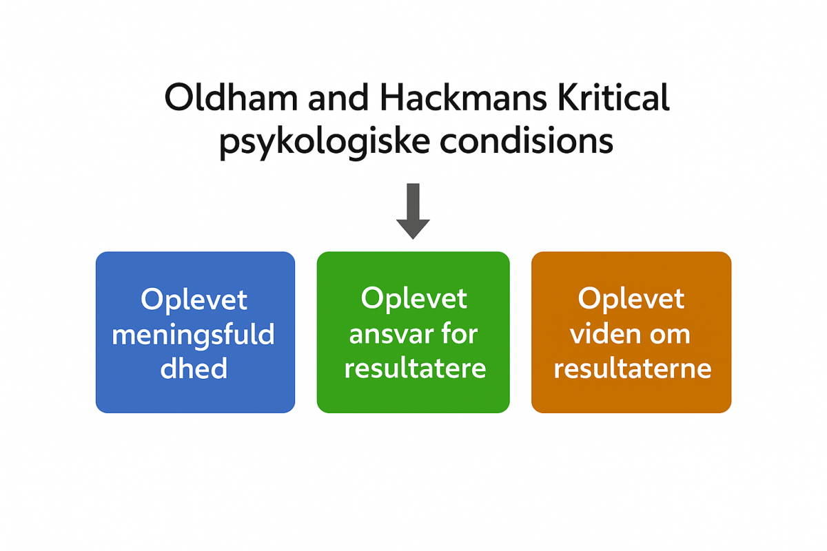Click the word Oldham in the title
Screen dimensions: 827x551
[x=231, y=97]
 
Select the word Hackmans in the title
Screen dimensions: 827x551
[x=463, y=97]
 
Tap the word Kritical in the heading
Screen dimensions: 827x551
[x=614, y=97]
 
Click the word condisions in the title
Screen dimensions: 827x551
[x=527, y=141]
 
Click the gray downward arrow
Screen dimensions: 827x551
[x=413, y=211]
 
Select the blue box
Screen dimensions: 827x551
[x=195, y=332]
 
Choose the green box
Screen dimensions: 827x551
[x=413, y=332]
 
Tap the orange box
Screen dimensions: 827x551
[x=631, y=332]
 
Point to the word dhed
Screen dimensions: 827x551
[x=194, y=368]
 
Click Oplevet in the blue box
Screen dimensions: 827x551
[x=194, y=300]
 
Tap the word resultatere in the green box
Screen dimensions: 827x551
[x=415, y=368]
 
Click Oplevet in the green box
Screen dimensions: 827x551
[x=414, y=300]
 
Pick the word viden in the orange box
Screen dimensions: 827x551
[x=601, y=334]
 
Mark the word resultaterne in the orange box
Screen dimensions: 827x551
[x=633, y=368]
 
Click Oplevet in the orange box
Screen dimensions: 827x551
[x=631, y=300]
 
